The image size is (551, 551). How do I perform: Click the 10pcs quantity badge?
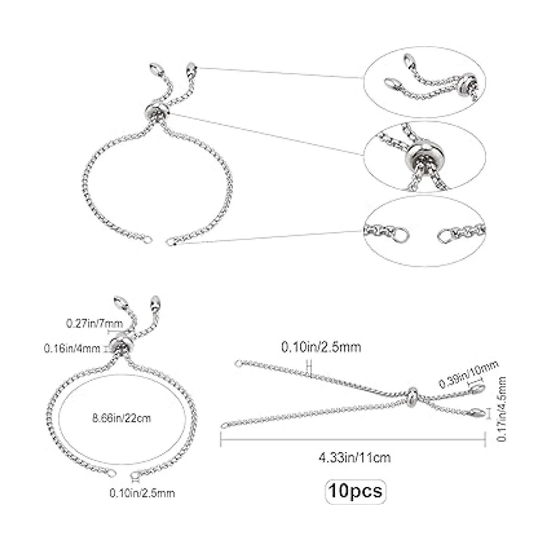coord(355,491)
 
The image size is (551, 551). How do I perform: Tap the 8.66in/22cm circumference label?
coord(122,419)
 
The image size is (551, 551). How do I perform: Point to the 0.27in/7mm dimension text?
coord(95,324)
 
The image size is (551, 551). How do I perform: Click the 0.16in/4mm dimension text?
coord(72,349)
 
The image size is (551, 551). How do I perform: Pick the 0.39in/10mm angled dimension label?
coord(469,374)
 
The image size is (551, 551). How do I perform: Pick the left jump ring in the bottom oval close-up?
coord(402,236)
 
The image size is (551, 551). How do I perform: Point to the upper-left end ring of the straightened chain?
coord(238,364)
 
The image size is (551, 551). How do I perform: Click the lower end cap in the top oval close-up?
coord(392,84)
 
